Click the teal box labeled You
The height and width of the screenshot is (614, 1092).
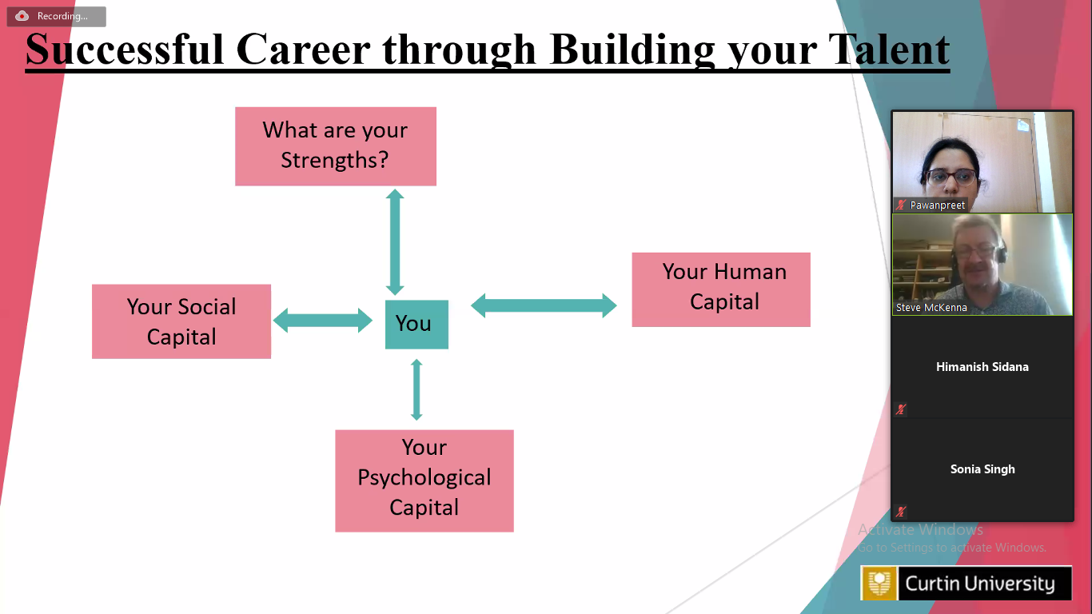[x=416, y=325]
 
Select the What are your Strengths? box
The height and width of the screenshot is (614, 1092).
[x=336, y=146]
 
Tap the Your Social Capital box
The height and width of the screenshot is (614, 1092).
[x=181, y=321]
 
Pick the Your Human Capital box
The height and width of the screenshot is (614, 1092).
[x=721, y=289]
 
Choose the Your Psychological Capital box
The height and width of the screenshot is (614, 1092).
[x=424, y=480]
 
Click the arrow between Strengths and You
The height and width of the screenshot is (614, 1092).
[x=395, y=242]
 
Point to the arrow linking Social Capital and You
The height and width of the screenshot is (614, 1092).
[x=323, y=321]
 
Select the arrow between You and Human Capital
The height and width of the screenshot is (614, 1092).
[x=544, y=305]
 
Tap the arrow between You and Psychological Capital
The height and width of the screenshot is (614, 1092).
[x=416, y=389]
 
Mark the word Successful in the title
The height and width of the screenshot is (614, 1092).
[x=125, y=50]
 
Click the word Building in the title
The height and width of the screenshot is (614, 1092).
[x=632, y=50]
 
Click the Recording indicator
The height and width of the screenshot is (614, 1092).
[x=56, y=16]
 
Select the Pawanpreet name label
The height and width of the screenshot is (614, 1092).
[x=937, y=205]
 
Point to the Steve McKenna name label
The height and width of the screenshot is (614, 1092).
[x=931, y=308]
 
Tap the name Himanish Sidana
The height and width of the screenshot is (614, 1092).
[x=982, y=367]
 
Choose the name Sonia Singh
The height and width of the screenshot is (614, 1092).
[x=982, y=469]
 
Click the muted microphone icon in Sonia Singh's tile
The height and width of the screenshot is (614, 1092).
[x=900, y=512]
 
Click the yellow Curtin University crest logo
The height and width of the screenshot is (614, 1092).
[x=879, y=583]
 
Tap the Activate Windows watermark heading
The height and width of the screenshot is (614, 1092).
[x=920, y=529]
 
